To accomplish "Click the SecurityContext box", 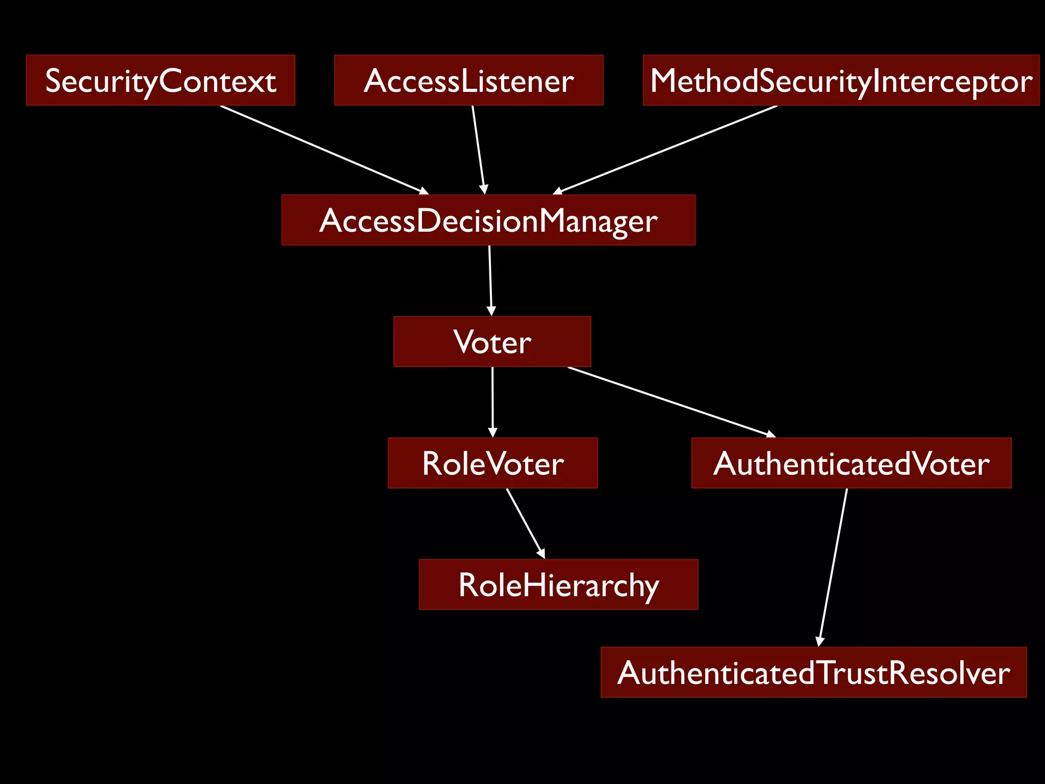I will click(160, 80).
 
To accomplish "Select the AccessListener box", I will click(468, 80).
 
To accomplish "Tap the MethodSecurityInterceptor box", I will click(841, 80).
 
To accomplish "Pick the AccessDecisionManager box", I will click(488, 220).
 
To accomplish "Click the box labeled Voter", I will click(492, 341).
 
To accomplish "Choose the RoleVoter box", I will click(492, 463).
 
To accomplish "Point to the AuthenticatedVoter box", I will click(851, 463).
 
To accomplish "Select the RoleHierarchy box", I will click(558, 584).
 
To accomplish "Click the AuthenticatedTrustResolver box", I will click(813, 672).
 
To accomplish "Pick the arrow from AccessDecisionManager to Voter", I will click(490, 280).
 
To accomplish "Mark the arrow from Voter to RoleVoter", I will click(492, 401).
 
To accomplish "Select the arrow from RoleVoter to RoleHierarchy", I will click(525, 522).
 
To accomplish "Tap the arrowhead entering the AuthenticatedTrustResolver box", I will click(819, 642).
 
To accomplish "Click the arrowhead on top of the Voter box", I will click(491, 311).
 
